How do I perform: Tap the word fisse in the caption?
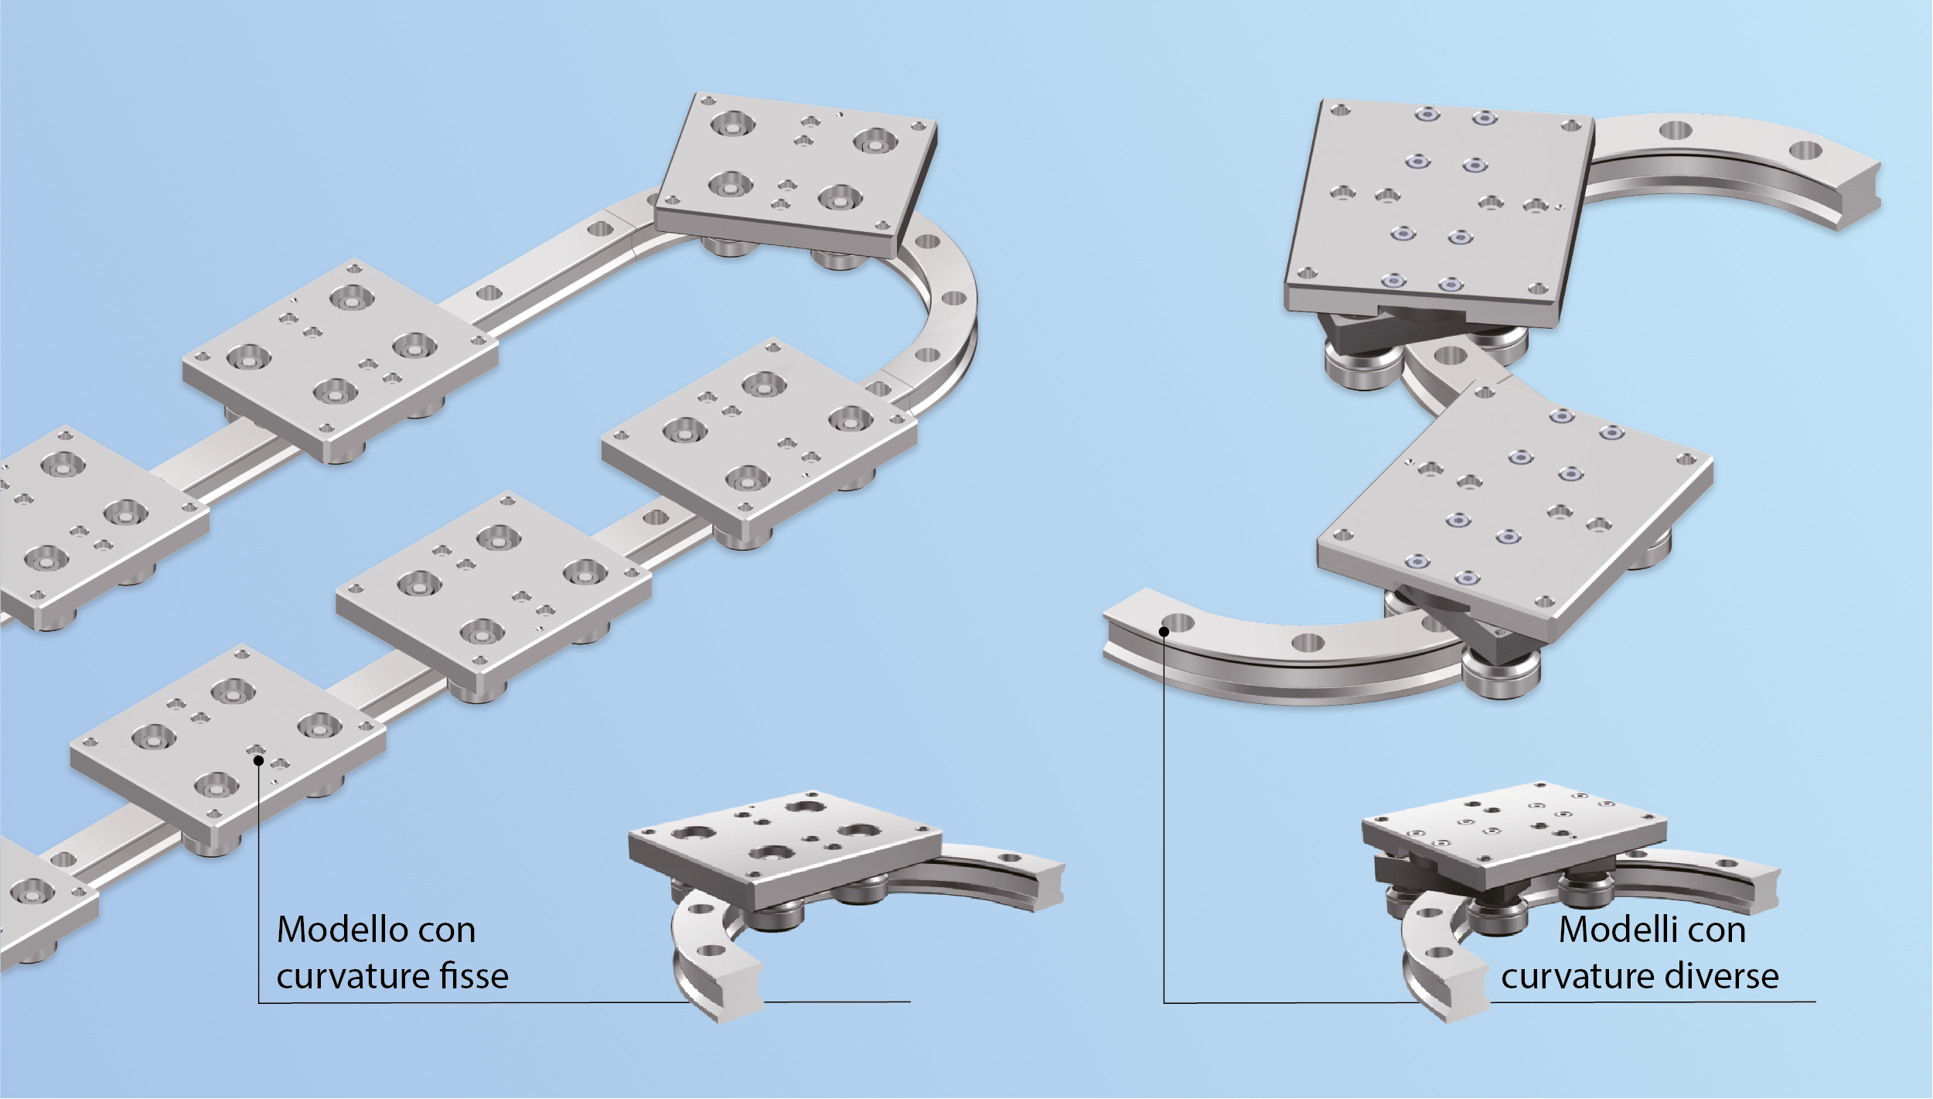click(474, 976)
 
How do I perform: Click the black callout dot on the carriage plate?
click(259, 761)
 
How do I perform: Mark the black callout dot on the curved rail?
click(1164, 632)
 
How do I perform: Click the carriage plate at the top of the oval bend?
click(796, 174)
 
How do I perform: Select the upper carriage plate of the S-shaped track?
click(1438, 213)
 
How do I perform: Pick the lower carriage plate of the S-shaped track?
click(1515, 514)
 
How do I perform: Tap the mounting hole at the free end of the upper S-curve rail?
click(1805, 150)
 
